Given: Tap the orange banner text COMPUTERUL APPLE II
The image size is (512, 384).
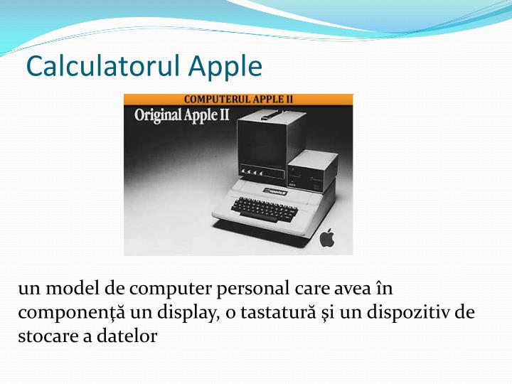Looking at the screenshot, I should click(238, 100).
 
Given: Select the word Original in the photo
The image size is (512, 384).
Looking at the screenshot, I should click(158, 115).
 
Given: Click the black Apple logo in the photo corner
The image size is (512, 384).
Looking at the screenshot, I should click(326, 238).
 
